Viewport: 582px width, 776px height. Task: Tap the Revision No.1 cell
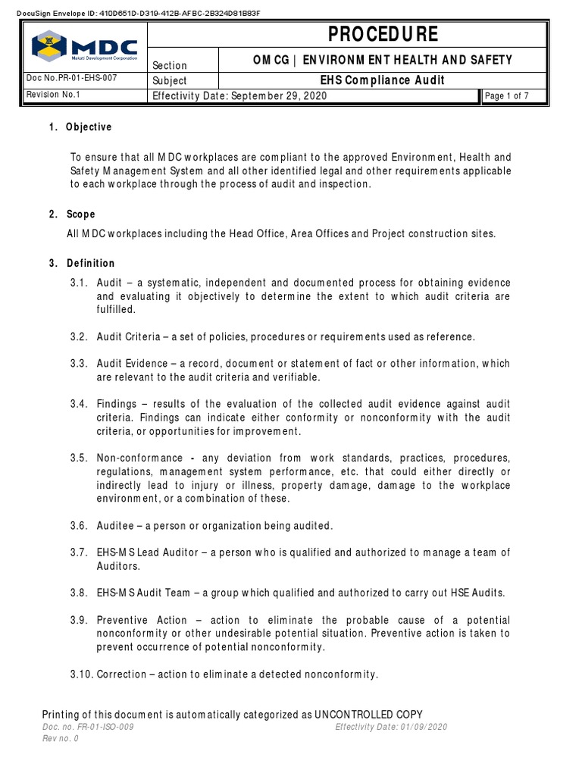tap(55, 95)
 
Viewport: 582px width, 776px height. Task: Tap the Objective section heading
tap(89, 127)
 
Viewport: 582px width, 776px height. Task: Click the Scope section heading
tap(81, 214)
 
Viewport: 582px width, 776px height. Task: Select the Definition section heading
tap(90, 264)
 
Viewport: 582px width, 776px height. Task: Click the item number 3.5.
tap(80, 458)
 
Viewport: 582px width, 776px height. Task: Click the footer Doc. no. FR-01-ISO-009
tap(90, 727)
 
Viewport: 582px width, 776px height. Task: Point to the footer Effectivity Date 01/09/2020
tap(391, 727)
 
